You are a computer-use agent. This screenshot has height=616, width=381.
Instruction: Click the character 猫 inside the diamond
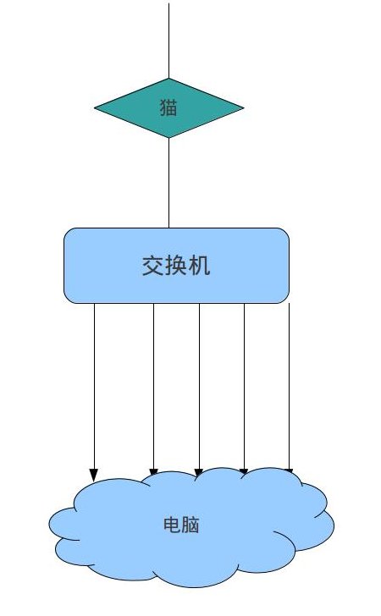point(168,107)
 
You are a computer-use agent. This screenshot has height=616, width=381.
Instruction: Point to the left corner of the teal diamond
point(94,107)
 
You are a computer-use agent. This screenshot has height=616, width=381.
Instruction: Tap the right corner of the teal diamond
point(243,107)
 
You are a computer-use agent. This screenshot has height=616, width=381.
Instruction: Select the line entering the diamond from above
point(169,41)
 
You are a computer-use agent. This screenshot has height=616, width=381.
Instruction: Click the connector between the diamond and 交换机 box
point(169,183)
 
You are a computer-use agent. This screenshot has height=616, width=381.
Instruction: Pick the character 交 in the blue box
point(153,266)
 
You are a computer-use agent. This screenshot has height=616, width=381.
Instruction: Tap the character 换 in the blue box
point(177,266)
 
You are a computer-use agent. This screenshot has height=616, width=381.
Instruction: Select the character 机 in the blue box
point(199,266)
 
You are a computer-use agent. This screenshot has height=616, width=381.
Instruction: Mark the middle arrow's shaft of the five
point(199,386)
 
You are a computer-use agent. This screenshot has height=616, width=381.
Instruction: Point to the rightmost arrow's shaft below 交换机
point(290,386)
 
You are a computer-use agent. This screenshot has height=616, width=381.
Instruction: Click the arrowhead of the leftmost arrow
point(94,475)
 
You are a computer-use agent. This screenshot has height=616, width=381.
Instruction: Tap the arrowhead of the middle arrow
point(199,473)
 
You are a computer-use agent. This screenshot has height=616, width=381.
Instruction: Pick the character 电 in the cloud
point(172,525)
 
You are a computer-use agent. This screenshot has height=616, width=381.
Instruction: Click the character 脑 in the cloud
point(190,525)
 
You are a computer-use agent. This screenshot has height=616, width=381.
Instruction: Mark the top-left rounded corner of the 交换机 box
point(67,231)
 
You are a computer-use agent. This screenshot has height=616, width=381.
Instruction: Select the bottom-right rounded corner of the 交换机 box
point(286,300)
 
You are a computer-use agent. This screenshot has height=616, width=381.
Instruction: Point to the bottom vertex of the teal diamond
point(169,138)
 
